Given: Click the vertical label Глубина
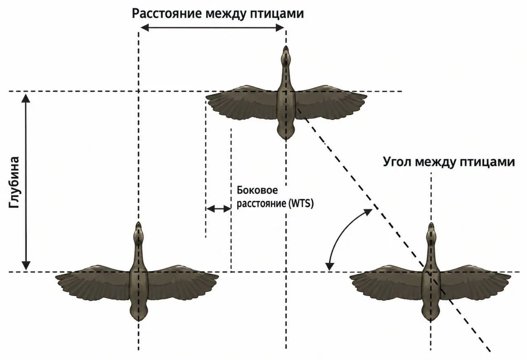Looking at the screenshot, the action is click(14, 182).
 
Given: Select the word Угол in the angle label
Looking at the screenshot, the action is click(398, 162).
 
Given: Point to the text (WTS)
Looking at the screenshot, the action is click(301, 203).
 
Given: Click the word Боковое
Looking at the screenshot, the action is click(257, 190).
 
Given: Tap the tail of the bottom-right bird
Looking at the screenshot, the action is click(431, 313).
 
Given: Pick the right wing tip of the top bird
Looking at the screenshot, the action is click(366, 96).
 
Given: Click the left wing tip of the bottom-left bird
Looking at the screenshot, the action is click(56, 277).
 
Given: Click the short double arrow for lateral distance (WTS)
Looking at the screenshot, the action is click(219, 209).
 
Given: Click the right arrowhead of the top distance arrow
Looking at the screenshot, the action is click(280, 28).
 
